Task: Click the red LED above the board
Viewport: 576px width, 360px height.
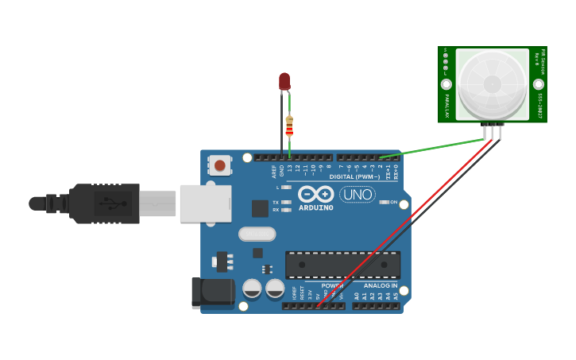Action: (284, 81)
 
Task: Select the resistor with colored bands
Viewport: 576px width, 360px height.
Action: (289, 126)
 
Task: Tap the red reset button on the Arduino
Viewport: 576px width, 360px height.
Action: (219, 165)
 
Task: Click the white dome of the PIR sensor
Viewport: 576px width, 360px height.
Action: (493, 84)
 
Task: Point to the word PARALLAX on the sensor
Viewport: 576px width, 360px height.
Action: (447, 105)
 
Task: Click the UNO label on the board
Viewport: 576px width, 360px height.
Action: (358, 194)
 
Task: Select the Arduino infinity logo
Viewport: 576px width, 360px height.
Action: (316, 194)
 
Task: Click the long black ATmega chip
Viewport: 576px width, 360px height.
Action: (342, 265)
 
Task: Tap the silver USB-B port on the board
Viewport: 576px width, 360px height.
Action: (205, 203)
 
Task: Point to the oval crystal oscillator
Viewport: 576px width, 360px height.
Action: (257, 234)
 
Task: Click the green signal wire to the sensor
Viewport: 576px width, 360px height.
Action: (433, 148)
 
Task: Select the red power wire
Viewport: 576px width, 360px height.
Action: (405, 223)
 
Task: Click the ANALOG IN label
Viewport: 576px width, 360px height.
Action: (381, 285)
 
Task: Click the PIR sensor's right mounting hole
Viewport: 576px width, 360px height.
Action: (539, 84)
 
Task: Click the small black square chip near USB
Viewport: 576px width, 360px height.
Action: (260, 208)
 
